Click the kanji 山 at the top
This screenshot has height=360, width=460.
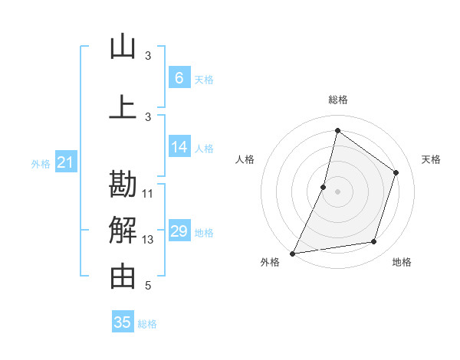(x=123, y=47)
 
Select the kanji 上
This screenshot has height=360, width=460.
(x=123, y=107)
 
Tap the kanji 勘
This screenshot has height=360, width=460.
(x=123, y=185)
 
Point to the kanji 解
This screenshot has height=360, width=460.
(x=123, y=230)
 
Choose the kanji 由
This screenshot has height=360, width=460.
(x=123, y=277)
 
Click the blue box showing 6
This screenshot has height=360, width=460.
(x=179, y=77)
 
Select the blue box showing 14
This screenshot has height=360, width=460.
(x=179, y=148)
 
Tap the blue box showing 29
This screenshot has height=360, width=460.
(x=179, y=231)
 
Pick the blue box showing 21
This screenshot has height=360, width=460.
(x=65, y=162)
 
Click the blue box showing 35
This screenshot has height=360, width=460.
(x=123, y=322)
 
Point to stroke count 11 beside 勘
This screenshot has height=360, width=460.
(x=148, y=193)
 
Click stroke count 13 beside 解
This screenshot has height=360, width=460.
(x=148, y=240)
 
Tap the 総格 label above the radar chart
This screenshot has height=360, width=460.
(x=337, y=100)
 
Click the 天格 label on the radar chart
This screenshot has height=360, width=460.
(x=431, y=159)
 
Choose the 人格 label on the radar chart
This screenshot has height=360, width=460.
(x=245, y=159)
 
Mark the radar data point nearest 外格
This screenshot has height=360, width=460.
(x=292, y=253)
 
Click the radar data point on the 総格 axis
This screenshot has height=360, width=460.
(x=337, y=131)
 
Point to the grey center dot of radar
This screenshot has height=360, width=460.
(x=337, y=191)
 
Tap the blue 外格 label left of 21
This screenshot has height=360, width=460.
(x=41, y=163)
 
